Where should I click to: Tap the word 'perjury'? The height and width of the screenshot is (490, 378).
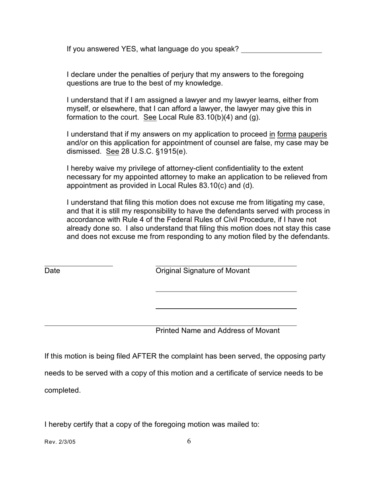coord(182,74)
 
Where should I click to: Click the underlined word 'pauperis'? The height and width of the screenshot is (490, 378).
coord(313,134)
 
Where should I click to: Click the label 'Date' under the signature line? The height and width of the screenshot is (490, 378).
coord(52,271)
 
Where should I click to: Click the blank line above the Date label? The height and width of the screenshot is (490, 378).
coord(78,265)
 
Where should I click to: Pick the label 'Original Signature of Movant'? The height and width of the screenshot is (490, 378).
coord(203,271)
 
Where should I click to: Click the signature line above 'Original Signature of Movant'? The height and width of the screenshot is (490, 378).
coord(226,265)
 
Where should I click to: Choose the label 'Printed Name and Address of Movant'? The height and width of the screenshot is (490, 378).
coord(217,331)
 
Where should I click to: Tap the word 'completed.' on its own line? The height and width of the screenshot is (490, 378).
coord(62,390)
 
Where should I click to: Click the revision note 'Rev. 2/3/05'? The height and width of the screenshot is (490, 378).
coord(60,442)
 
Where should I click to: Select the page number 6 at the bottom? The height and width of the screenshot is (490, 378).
coord(189,441)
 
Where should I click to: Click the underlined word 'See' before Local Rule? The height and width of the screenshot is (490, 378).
coord(150,118)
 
